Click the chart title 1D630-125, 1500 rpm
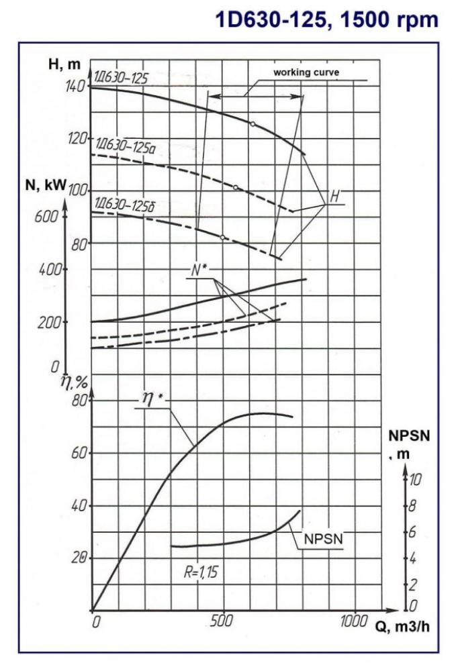click(x=326, y=19)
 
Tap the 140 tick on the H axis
click(x=76, y=86)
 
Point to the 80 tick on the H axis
click(x=80, y=244)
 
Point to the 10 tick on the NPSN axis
click(x=416, y=479)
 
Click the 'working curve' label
click(x=306, y=72)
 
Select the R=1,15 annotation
click(x=201, y=572)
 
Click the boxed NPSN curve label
click(x=322, y=538)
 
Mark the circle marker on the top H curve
click(x=253, y=124)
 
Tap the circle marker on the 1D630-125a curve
click(x=236, y=187)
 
